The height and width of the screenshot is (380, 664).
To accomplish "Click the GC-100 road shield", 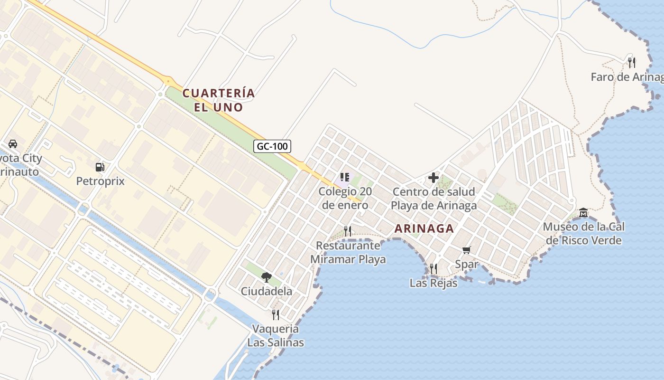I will click(x=272, y=146).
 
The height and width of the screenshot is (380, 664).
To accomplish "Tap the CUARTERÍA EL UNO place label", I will click(x=219, y=100).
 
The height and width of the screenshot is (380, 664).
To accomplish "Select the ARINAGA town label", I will click(x=424, y=228).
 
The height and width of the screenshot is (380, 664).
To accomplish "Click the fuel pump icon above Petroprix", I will click(x=100, y=167).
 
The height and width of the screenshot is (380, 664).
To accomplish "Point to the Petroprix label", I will click(x=100, y=181).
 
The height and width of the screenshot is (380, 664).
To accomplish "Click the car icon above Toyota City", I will click(x=13, y=144).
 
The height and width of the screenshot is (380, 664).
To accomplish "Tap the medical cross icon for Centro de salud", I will click(x=433, y=178).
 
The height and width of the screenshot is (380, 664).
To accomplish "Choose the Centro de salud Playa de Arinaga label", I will click(x=433, y=199).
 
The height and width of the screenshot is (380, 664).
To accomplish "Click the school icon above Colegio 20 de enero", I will click(x=345, y=178).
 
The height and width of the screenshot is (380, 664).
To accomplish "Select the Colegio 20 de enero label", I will click(x=345, y=198).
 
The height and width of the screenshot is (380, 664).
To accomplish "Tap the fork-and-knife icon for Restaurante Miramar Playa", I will click(x=348, y=231).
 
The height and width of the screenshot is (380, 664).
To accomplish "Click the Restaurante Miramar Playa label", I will click(x=348, y=252).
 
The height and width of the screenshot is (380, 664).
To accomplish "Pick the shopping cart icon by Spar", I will click(x=467, y=250).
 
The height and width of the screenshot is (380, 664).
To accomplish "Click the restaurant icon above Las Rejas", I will click(x=433, y=269).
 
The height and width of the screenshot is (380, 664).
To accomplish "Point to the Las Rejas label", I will click(x=433, y=283).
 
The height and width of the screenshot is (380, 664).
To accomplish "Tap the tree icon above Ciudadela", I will click(x=267, y=277).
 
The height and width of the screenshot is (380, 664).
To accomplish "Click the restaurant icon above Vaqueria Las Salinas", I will click(x=275, y=314).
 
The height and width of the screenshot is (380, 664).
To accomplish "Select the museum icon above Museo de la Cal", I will click(x=583, y=212).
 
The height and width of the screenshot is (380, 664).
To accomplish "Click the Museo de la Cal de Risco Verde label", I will click(x=583, y=233).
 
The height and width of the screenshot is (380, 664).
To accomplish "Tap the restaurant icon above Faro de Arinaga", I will click(x=631, y=62).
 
